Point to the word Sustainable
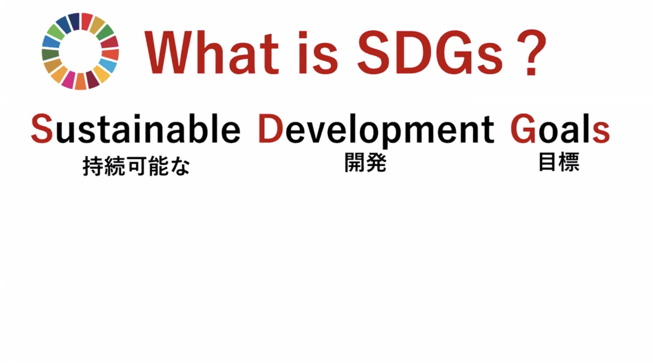(135, 128)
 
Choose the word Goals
(560, 128)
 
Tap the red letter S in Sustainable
(42, 129)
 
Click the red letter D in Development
(271, 129)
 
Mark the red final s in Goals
(601, 132)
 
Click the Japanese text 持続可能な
(136, 166)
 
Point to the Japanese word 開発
(365, 163)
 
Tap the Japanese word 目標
(559, 162)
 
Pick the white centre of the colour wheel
(80, 51)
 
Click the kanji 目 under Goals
(547, 162)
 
